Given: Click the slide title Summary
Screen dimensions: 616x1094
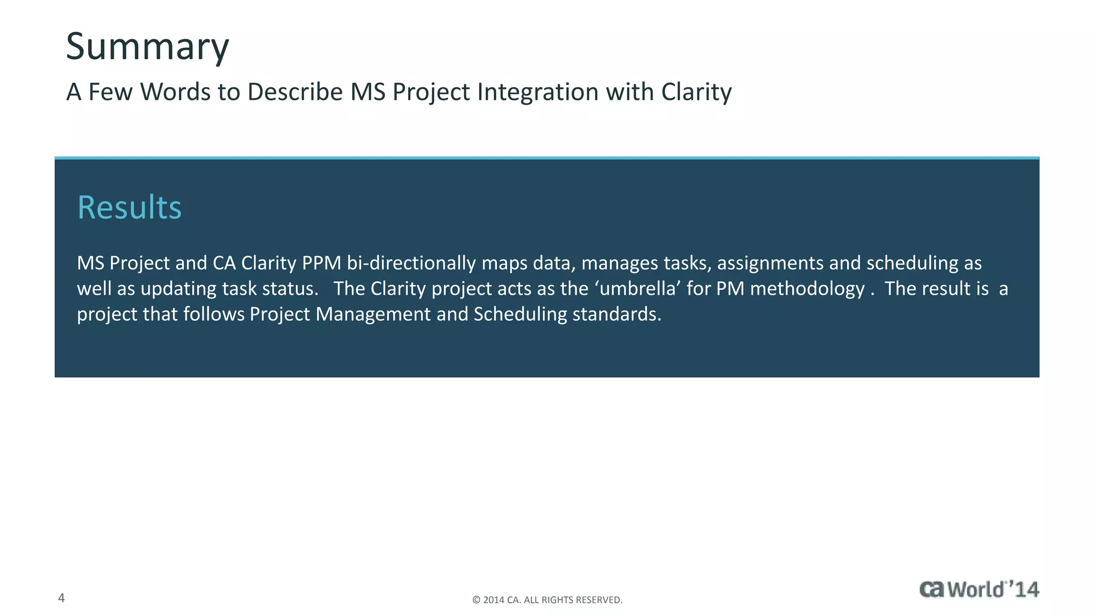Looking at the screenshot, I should point(147,47).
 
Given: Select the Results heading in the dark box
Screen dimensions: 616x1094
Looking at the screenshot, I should point(130,207).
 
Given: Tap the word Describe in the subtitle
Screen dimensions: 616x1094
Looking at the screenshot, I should point(295,92).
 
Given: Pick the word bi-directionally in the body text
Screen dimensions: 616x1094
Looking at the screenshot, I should point(411,263).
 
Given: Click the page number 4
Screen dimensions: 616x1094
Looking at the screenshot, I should point(61,598).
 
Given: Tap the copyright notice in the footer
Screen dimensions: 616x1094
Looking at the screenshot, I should point(547,600).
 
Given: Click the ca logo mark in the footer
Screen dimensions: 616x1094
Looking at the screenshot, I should point(932,589).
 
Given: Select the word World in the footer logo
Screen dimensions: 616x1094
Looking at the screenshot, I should point(977,589).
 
